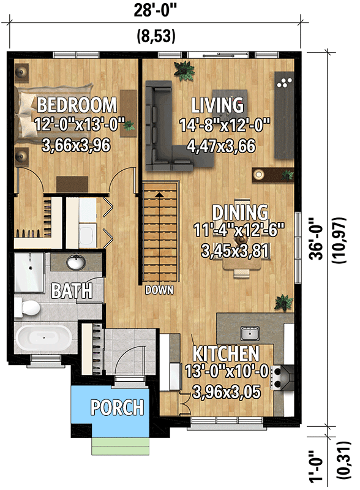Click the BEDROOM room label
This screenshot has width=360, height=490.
77,104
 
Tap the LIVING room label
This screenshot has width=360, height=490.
217,105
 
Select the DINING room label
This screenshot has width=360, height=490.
240,213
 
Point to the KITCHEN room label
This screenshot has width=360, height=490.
226,353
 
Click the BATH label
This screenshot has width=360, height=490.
72,290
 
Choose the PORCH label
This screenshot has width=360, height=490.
118,407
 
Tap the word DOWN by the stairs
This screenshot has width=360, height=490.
159,290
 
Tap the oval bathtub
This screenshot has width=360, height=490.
42,337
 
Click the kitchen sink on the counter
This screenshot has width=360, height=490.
249,333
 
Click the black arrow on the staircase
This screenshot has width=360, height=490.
160,194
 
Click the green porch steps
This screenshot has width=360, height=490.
120,445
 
